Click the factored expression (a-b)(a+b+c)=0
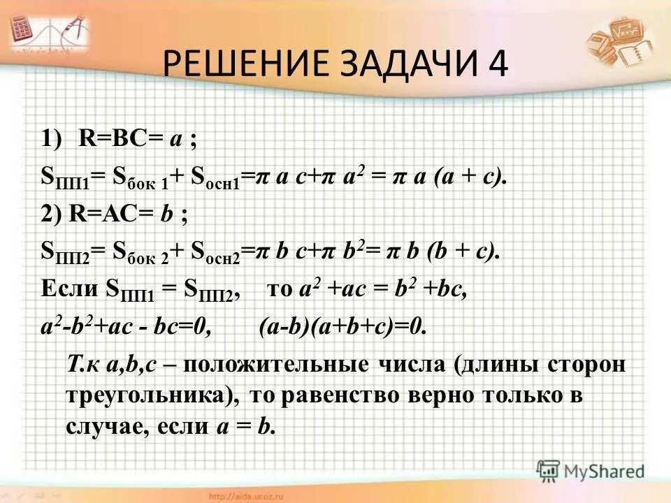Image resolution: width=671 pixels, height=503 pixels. [x=342, y=326]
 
